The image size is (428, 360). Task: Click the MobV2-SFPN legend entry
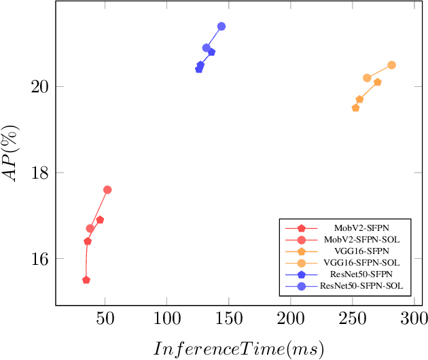[x=361, y=228]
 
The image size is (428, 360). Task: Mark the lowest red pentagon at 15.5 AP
[x=86, y=280]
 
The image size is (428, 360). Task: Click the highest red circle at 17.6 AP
[x=107, y=190]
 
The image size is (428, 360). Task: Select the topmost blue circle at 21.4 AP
[x=221, y=26]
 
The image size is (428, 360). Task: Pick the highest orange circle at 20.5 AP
[x=392, y=65]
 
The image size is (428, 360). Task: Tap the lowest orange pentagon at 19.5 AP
[x=355, y=108]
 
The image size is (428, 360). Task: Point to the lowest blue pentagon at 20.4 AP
[x=199, y=69]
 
